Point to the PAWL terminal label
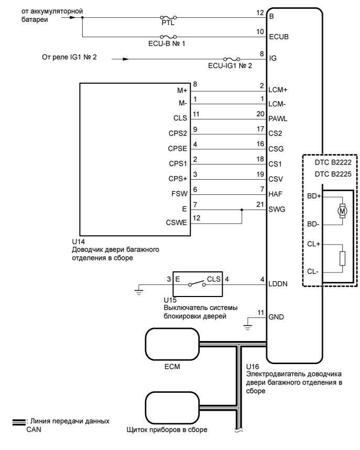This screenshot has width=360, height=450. [278, 120]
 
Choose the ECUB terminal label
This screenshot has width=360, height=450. [278, 38]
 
